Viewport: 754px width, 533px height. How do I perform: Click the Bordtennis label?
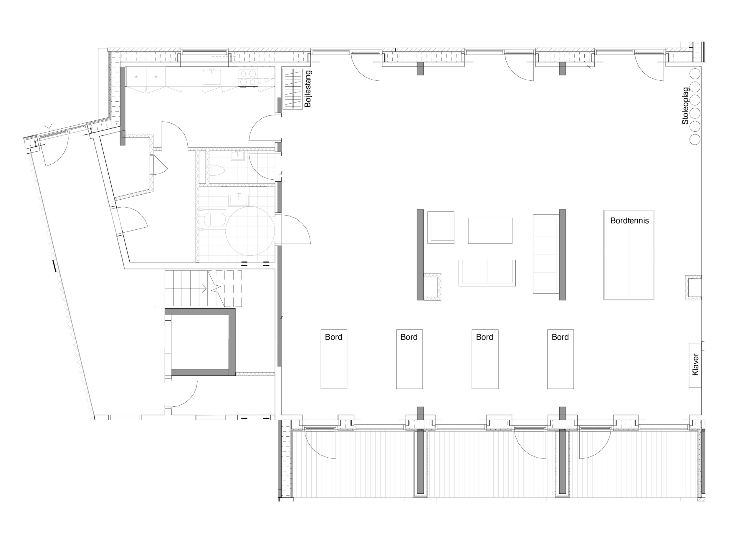[629, 221]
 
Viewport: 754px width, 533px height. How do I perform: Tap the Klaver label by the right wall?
[695, 365]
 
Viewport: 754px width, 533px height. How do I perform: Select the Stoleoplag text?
[685, 106]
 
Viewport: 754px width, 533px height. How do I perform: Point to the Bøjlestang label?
[308, 89]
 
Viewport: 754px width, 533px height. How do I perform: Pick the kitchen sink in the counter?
[211, 77]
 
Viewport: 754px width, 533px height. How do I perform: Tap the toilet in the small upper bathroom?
[217, 171]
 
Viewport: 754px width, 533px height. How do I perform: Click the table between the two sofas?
[490, 231]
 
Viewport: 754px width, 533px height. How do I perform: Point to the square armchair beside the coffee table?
[441, 228]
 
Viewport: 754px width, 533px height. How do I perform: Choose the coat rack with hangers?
[292, 89]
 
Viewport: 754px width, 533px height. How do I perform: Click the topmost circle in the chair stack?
[695, 74]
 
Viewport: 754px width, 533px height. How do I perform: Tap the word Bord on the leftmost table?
[333, 337]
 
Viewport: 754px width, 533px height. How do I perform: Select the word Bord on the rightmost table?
[560, 337]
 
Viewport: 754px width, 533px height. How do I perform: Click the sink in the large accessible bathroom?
[238, 199]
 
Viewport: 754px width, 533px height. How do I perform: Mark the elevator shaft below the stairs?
[200, 342]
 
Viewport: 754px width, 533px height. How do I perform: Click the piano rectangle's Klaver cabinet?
[695, 365]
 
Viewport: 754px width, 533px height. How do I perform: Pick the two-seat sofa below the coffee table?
[487, 273]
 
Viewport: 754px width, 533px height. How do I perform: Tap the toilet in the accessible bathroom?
[214, 219]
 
